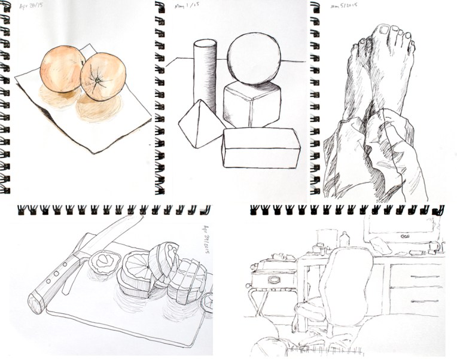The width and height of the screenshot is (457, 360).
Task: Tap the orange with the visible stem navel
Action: click(x=102, y=77)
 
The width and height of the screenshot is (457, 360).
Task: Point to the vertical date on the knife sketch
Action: click(x=203, y=240)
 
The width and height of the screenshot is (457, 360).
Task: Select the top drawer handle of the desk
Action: click(x=419, y=277)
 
